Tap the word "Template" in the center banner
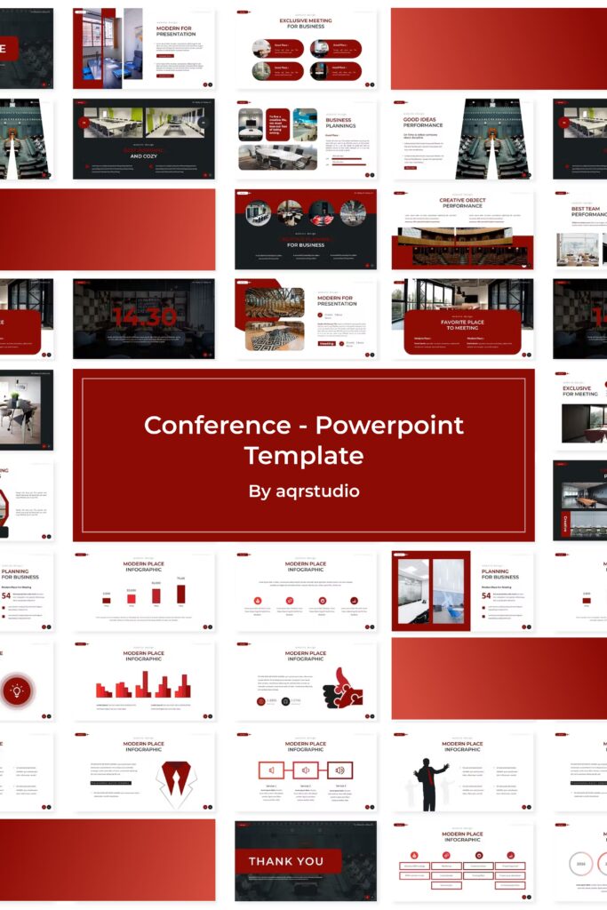(304, 456)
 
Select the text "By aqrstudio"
(304, 491)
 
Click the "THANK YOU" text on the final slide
(286, 861)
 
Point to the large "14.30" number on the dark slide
(144, 316)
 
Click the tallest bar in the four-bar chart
(181, 594)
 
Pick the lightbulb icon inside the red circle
(17, 690)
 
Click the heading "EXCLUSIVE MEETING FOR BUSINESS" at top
(307, 23)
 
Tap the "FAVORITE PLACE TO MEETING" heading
(461, 324)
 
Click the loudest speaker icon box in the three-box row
(339, 770)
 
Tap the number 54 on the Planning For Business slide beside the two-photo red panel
(486, 595)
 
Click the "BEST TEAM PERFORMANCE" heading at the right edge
(587, 212)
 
